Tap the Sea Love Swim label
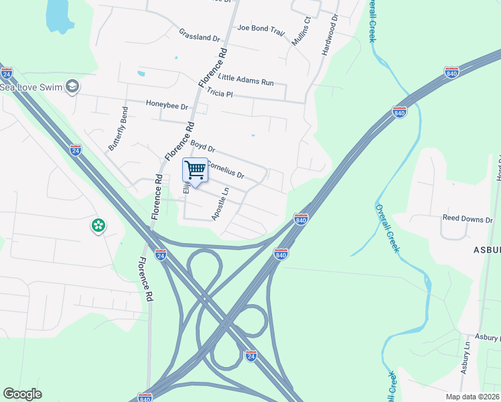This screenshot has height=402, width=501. click(31, 86)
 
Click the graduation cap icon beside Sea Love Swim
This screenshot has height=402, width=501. click(73, 86)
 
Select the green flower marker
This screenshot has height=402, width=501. click(98, 226)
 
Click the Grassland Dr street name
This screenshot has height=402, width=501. click(200, 35)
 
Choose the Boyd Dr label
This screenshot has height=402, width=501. click(202, 145)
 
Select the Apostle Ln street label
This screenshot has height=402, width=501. click(220, 203)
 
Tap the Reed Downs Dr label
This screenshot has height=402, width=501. click(468, 218)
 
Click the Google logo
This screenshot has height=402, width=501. click(22, 394)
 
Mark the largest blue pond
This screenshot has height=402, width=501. click(59, 15)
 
